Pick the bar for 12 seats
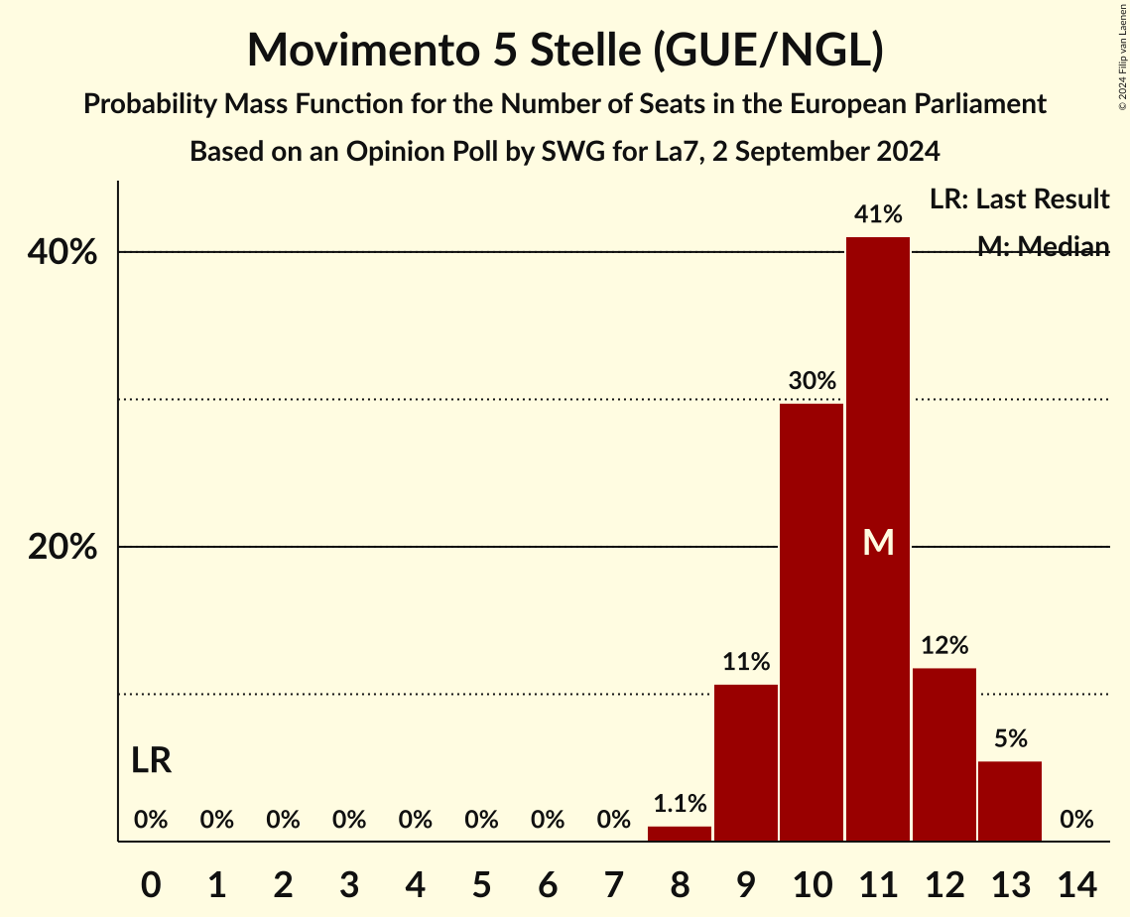(944, 754)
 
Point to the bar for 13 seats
(1010, 801)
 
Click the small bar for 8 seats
(680, 834)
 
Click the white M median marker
(878, 542)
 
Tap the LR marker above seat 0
(151, 761)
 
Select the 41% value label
(878, 214)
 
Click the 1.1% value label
(680, 803)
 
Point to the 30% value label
(812, 380)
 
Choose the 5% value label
(1010, 738)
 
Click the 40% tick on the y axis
(63, 253)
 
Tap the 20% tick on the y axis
(63, 548)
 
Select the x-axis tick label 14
(1076, 882)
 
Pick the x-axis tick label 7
(614, 882)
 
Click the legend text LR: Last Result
(1019, 199)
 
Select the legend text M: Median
(1043, 247)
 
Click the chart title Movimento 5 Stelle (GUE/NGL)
(565, 50)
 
